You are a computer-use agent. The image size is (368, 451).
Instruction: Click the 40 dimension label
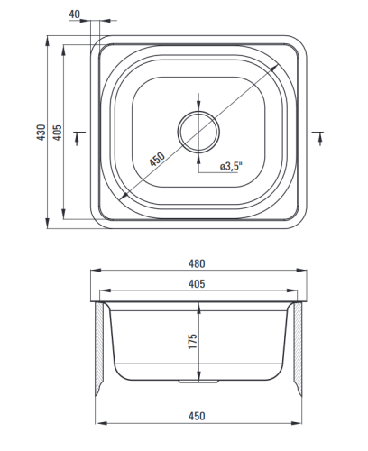75,14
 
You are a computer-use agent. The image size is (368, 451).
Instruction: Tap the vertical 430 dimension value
41,133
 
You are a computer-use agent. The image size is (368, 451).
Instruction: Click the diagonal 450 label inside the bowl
157,159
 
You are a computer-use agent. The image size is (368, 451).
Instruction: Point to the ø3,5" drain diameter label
231,166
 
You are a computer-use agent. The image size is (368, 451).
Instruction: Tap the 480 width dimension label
197,263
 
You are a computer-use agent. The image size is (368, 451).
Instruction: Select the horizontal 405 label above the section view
197,283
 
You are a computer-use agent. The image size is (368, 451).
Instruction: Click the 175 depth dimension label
192,341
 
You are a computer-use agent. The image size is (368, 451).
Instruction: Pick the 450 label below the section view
197,416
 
